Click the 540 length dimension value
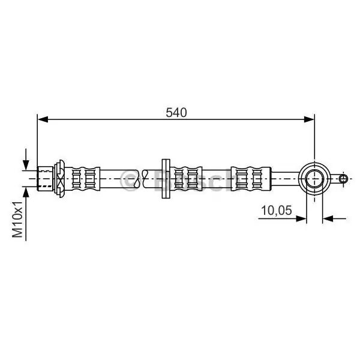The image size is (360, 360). tap(176, 113)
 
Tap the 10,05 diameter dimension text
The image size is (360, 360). tap(277, 210)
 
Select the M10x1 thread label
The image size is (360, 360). tap(17, 220)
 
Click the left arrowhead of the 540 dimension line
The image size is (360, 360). tap(43, 119)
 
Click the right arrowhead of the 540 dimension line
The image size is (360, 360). tap(309, 119)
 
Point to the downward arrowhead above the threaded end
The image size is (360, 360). tap(26, 165)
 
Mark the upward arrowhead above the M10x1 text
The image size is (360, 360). tap(26, 193)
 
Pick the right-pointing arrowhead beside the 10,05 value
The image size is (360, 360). tap(301, 218)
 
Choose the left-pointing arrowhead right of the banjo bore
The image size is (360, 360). tap(328, 218)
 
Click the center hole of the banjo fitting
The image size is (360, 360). tap(314, 179)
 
